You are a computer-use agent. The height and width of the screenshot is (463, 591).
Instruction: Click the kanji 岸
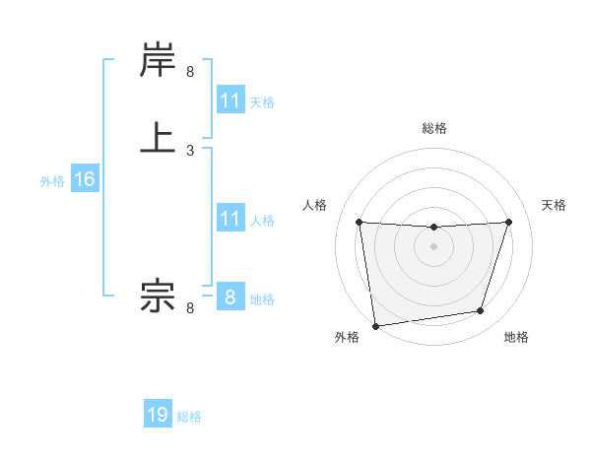[158, 62]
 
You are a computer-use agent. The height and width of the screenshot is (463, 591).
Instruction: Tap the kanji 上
[158, 137]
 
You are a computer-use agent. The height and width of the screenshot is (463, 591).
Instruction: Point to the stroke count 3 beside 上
[190, 151]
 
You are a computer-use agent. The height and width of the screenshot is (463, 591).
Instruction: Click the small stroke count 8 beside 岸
[190, 72]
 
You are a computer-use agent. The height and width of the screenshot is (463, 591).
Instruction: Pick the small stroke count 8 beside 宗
[190, 308]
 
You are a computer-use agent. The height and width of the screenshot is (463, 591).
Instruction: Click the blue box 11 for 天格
[230, 100]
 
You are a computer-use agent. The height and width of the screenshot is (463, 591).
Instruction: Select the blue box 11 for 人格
[230, 219]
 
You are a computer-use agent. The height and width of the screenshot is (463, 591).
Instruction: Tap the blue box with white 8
[230, 298]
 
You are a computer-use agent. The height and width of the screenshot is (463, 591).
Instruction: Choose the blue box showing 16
[84, 179]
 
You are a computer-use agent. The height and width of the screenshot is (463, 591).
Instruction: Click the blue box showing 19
[158, 415]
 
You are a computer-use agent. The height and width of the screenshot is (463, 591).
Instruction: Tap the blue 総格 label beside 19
[189, 417]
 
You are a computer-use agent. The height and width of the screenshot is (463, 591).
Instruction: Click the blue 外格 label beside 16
[52, 181]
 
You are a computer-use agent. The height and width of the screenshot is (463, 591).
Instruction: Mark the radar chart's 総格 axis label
[433, 128]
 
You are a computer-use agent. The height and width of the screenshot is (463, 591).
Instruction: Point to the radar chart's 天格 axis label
[554, 205]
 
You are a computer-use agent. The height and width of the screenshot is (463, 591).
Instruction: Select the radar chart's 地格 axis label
[516, 337]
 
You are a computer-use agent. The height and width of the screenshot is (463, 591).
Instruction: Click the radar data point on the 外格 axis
[375, 325]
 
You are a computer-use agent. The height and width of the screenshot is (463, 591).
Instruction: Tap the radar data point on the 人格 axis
[359, 222]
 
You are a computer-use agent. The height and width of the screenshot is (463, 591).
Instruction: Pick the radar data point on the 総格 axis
[433, 228]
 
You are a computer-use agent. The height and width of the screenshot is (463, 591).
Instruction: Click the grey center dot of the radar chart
[433, 246]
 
